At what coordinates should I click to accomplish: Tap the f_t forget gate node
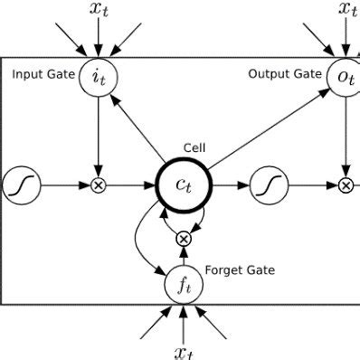(183, 286)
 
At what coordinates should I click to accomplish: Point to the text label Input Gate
(43, 73)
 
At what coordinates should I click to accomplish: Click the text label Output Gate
(285, 73)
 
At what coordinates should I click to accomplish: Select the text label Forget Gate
(241, 270)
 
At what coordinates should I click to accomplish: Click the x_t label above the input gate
(98, 11)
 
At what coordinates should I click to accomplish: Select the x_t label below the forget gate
(184, 349)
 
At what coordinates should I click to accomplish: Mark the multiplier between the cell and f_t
(183, 238)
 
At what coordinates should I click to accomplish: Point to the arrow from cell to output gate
(262, 128)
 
